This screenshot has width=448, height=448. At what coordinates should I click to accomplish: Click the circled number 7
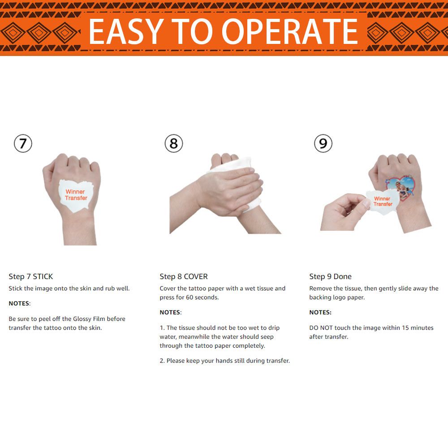[23, 143]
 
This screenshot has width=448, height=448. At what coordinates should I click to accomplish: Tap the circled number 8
[174, 143]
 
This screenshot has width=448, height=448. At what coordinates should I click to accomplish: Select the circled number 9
[323, 143]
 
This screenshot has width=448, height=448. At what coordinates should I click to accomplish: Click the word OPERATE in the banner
[289, 31]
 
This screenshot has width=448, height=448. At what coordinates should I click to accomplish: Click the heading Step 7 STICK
[31, 276]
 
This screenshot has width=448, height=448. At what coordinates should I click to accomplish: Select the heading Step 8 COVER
[184, 276]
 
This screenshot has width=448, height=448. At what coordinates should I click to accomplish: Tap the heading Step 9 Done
[330, 276]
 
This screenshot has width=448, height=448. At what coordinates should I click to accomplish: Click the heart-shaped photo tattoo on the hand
[400, 187]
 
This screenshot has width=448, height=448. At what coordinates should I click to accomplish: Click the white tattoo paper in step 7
[75, 195]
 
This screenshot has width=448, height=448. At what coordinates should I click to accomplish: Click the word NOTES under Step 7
[19, 303]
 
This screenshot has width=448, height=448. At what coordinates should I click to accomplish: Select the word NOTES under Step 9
[320, 312]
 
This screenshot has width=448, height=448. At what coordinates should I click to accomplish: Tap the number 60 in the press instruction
[189, 297]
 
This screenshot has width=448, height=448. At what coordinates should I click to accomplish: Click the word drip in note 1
[274, 328]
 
